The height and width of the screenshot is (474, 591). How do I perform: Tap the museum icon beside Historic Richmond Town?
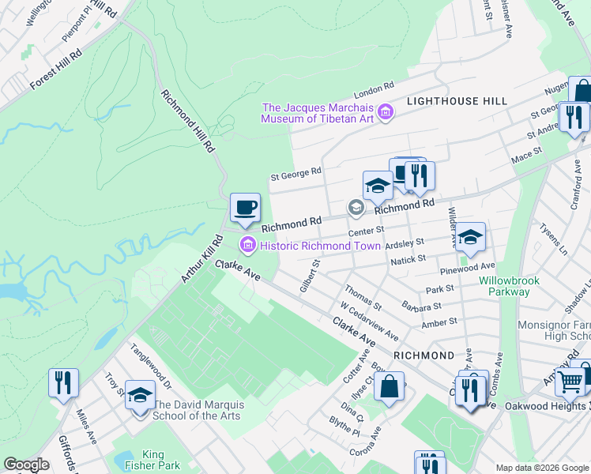tap(248, 246)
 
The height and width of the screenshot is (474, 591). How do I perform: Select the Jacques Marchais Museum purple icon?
tap(386, 114)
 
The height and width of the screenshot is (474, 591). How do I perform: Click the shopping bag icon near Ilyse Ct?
tap(389, 388)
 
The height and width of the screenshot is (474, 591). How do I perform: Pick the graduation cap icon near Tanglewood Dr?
tap(140, 395)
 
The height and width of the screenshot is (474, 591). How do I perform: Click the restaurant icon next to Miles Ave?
tap(62, 383)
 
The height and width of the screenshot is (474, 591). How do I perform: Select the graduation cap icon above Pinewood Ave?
tap(470, 237)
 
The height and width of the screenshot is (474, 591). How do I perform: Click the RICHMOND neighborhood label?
tap(424, 355)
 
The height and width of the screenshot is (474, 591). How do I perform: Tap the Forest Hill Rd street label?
tap(55, 70)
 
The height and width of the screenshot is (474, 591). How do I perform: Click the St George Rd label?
tap(295, 171)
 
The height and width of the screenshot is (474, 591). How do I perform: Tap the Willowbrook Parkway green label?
tap(504, 286)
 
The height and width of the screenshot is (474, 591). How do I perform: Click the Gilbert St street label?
tap(308, 276)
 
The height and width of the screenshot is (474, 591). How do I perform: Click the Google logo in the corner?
tap(26, 465)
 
